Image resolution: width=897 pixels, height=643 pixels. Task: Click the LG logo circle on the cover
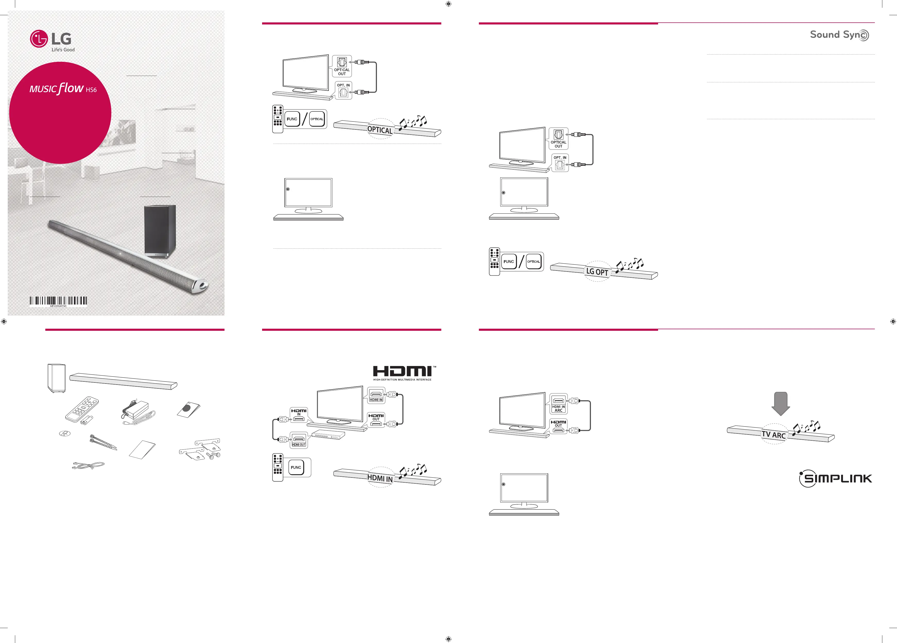tap(39, 39)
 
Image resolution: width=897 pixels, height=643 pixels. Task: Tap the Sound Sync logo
tap(839, 35)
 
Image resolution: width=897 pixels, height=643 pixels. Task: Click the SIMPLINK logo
tap(835, 479)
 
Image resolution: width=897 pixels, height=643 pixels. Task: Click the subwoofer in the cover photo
tap(160, 231)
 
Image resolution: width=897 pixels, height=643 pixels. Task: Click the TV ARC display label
tap(774, 435)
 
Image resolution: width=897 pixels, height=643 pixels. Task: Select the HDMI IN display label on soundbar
tap(380, 478)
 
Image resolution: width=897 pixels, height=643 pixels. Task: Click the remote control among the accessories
tap(82, 409)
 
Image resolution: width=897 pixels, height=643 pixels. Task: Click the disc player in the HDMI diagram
tap(328, 435)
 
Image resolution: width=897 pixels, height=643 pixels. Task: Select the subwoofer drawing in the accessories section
tap(56, 378)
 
